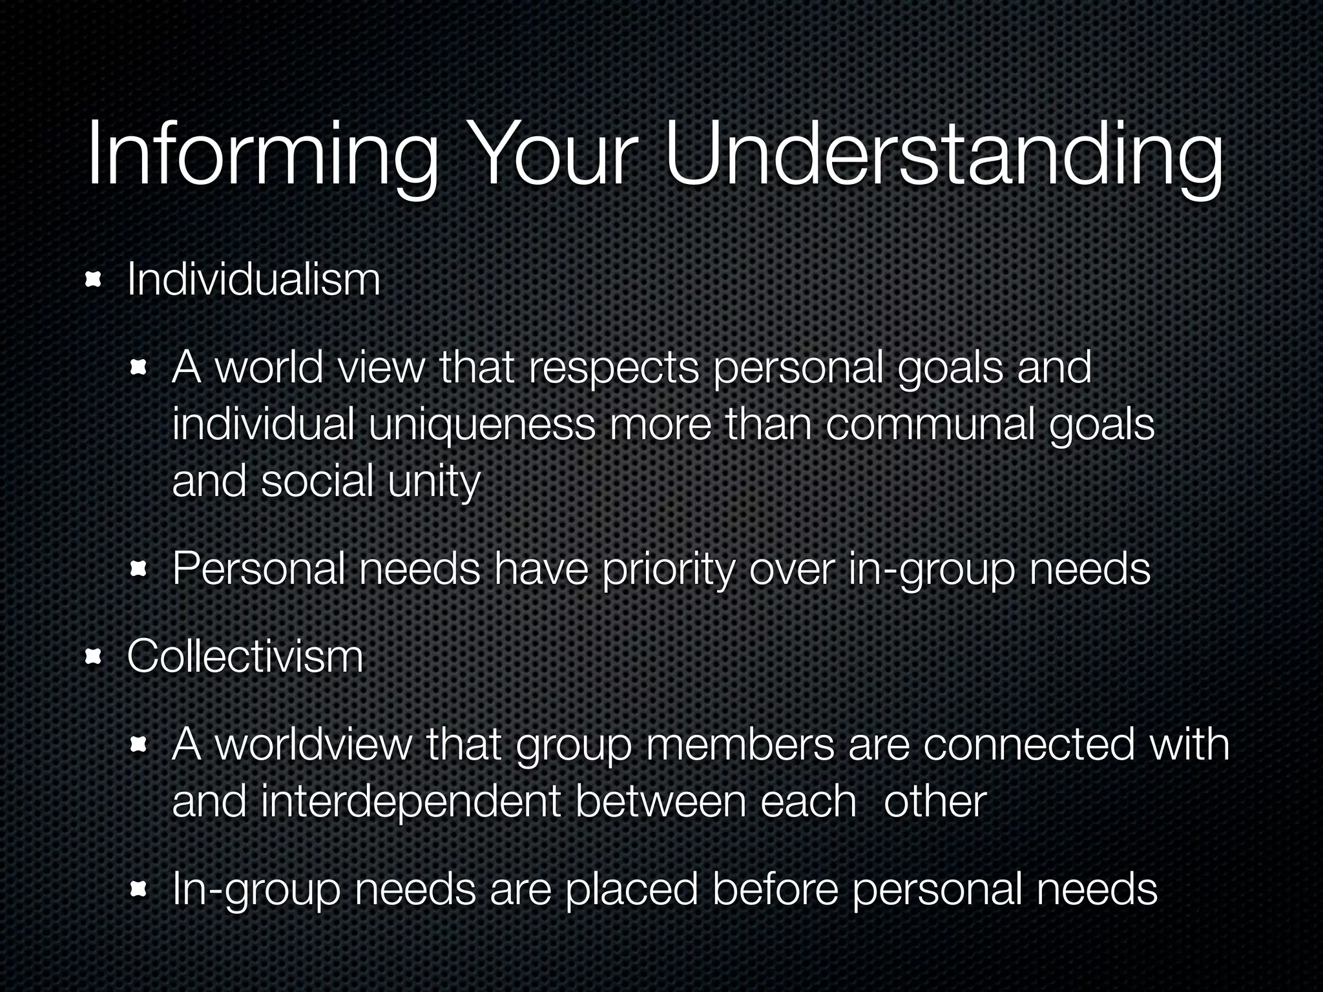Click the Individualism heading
click(x=253, y=280)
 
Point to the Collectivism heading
click(x=245, y=657)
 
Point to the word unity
click(x=434, y=482)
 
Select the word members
click(x=740, y=745)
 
